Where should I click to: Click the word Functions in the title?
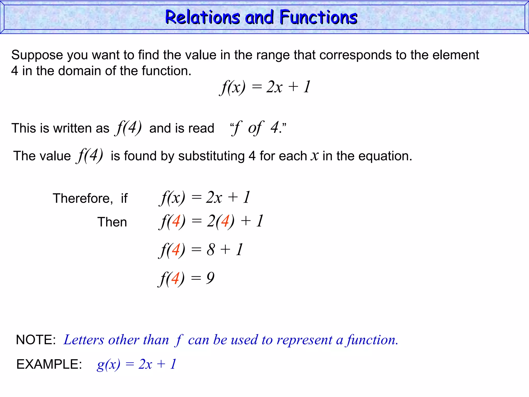coord(318,17)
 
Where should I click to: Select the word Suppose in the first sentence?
coord(37,55)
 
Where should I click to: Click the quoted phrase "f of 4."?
coord(258,128)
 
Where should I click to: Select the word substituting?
coord(211,156)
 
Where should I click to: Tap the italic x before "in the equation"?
coord(315,156)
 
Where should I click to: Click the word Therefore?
coord(83,198)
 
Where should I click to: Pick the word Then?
coord(112,222)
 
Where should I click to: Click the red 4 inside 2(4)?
coord(225,221)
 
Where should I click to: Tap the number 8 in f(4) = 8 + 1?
coord(211,250)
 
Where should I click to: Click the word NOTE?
coord(36,340)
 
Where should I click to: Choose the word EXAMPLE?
coord(49,364)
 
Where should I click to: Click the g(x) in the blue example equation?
coord(108,364)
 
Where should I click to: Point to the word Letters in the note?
coord(84,340)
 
